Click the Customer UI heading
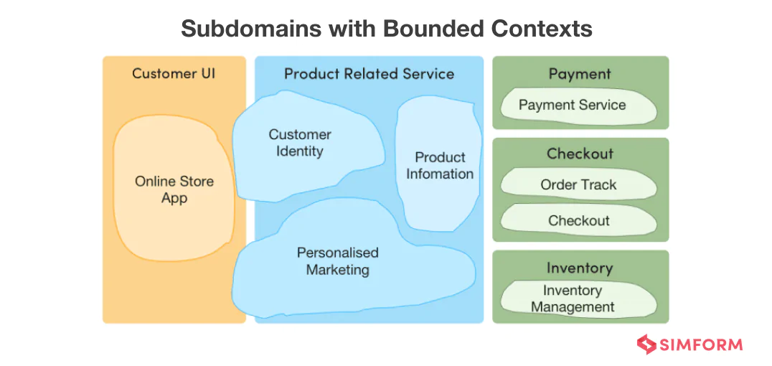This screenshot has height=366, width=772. [174, 73]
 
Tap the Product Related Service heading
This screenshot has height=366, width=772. [369, 73]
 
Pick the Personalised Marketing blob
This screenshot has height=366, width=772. [337, 262]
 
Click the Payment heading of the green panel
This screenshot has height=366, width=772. [580, 74]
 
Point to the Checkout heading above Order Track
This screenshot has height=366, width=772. [580, 154]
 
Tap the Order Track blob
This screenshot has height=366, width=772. [578, 184]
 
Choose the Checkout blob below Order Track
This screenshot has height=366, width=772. [578, 220]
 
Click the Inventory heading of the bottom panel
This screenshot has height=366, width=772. [580, 268]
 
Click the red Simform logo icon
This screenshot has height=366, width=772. [646, 344]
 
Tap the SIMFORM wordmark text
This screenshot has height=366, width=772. [702, 344]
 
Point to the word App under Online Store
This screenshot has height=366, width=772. [174, 198]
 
